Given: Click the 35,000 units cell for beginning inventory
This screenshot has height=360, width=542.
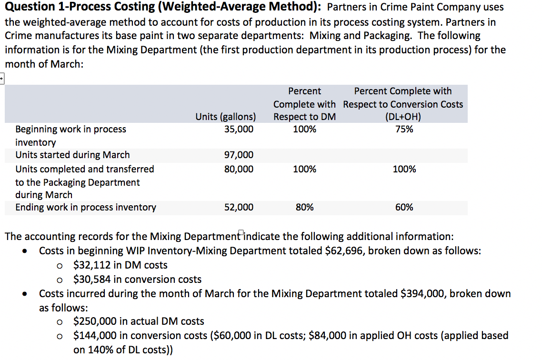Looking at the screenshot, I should click(x=239, y=129).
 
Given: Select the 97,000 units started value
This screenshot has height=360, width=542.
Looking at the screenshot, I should click(x=239, y=155).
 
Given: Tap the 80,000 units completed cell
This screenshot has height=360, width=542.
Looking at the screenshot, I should click(x=239, y=169).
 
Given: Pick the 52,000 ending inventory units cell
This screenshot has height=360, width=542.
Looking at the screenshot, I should click(x=239, y=207).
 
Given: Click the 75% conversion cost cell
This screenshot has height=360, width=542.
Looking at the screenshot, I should click(x=404, y=129).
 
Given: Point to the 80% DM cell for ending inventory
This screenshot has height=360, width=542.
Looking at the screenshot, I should click(x=304, y=207).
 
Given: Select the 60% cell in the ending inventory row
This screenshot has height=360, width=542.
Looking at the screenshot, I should click(x=404, y=207).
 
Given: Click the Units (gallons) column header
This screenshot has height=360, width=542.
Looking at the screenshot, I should click(x=225, y=117).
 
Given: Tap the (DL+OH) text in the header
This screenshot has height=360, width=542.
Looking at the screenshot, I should click(x=403, y=117).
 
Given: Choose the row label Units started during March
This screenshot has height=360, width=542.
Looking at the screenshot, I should click(x=72, y=155).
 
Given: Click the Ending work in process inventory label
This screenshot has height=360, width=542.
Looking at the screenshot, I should click(x=86, y=207).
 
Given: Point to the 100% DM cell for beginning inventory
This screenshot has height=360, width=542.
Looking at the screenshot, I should click(x=304, y=129).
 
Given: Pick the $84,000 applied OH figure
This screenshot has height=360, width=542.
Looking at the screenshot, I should click(x=329, y=336).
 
